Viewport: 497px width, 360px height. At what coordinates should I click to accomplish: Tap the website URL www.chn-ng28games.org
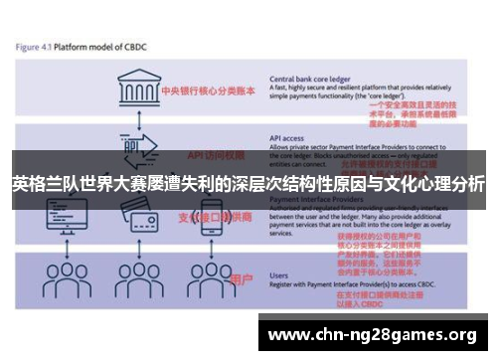click(373, 333)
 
